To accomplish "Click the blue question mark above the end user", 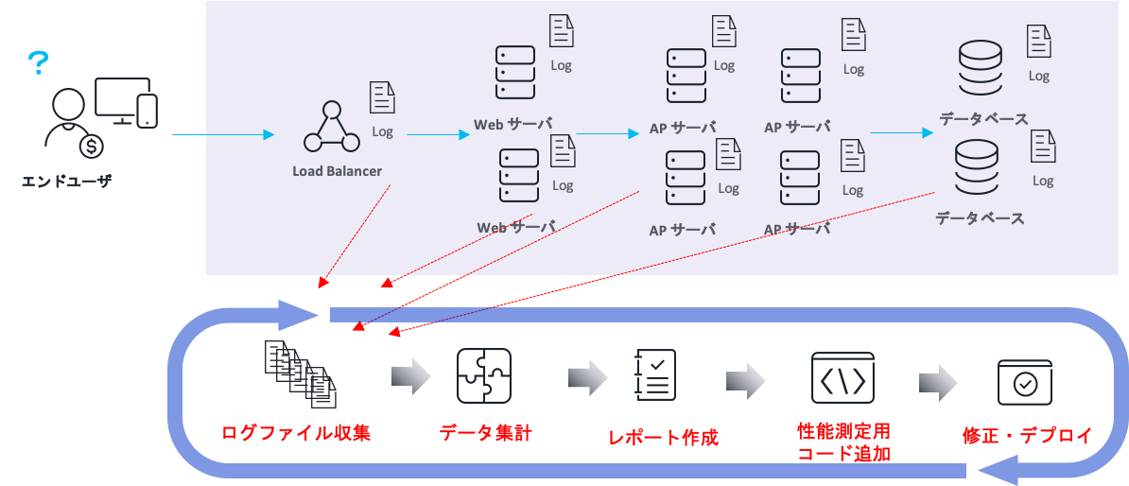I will coord(38,63).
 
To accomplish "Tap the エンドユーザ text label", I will coord(66,181).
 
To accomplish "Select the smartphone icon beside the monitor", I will coord(147,110).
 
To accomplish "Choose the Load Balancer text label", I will coord(337,171).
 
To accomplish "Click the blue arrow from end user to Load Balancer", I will coord(223,135).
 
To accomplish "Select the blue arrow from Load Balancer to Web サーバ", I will coord(438,134).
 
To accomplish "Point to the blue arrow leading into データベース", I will coord(901,133).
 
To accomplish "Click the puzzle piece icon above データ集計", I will coord(484,377).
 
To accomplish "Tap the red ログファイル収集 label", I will coord(296,434).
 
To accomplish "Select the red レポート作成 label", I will coord(663,438).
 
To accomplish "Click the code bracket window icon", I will coord(842,378).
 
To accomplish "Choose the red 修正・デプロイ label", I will coord(1027,436).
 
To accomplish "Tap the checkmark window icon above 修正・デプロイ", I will coord(1025,382).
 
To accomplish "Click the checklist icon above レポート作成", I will coord(655,374).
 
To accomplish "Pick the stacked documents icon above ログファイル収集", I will coord(301,373).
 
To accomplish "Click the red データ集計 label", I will coord(485,434).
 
